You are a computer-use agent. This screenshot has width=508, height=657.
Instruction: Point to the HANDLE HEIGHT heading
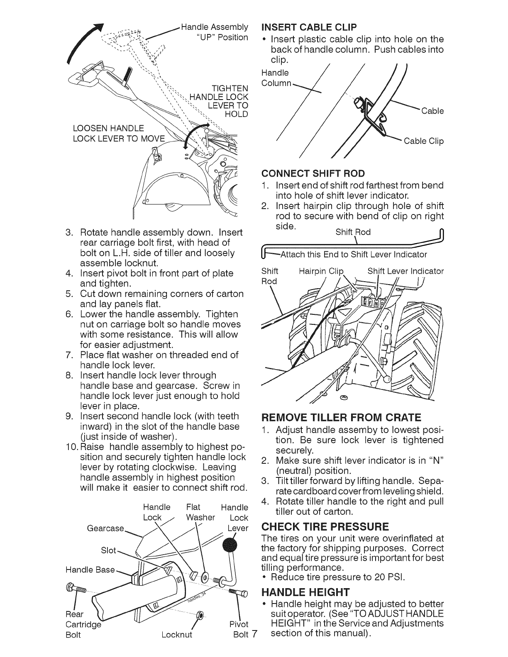pyautogui.click(x=304, y=591)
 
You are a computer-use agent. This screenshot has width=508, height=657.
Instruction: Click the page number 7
pyautogui.click(x=254, y=635)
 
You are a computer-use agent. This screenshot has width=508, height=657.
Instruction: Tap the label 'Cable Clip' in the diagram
pyautogui.click(x=424, y=141)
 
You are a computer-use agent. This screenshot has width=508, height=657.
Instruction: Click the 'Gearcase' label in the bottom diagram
pyautogui.click(x=105, y=528)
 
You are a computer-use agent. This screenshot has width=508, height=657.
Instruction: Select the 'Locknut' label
pyautogui.click(x=177, y=635)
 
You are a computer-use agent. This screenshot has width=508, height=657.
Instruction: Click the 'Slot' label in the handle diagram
pyautogui.click(x=109, y=550)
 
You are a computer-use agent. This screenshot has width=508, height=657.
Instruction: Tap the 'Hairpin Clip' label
pyautogui.click(x=322, y=271)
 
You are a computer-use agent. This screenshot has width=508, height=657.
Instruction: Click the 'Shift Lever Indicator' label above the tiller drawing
pyautogui.click(x=405, y=271)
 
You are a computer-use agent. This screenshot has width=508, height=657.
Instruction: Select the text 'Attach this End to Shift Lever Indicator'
pyautogui.click(x=354, y=254)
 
